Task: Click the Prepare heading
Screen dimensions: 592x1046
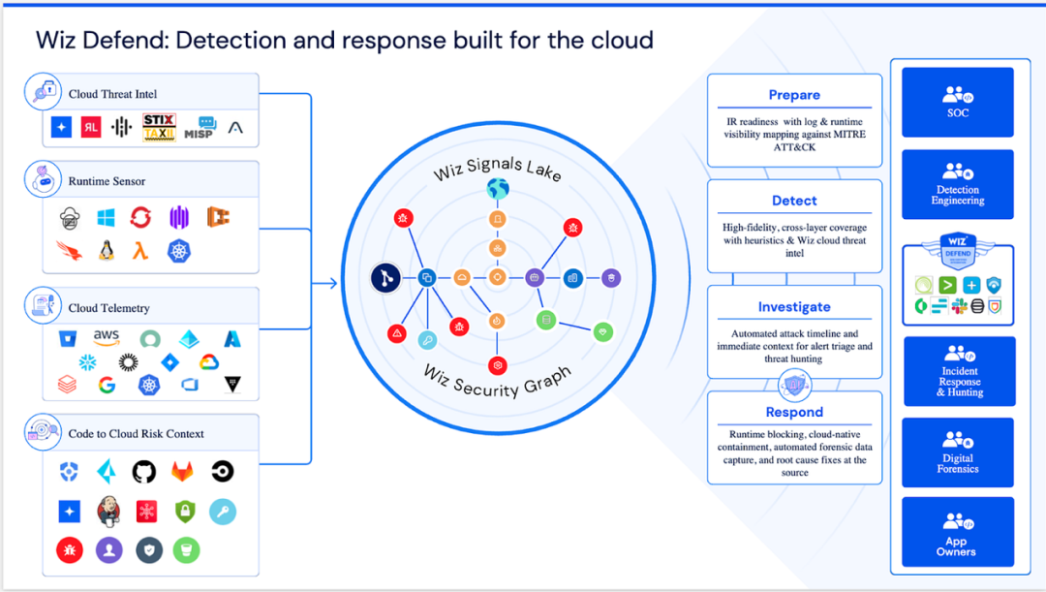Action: pos(794,95)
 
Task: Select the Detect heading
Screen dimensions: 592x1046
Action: pos(794,201)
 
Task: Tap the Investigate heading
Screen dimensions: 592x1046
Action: pos(794,307)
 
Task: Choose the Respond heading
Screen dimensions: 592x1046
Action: pos(794,413)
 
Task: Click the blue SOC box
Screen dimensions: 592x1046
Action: pos(957,102)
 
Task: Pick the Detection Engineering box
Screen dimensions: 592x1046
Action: pos(958,184)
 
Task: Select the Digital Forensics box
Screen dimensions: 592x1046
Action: pos(957,452)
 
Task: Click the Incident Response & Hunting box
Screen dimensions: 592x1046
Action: pos(959,371)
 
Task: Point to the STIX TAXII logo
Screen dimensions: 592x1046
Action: pos(159,127)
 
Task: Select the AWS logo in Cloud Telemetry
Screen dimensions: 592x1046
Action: pos(107,337)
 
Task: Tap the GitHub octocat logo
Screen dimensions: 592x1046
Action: pos(143,472)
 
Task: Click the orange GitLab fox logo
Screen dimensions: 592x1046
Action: pos(182,472)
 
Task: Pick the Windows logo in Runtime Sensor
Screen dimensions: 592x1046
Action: pos(106,218)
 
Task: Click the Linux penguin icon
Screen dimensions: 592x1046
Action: pos(106,251)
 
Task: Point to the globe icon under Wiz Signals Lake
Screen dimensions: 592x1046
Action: pos(497,189)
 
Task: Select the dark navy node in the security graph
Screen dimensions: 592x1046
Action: pos(385,279)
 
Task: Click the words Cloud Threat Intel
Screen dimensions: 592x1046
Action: pos(112,94)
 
